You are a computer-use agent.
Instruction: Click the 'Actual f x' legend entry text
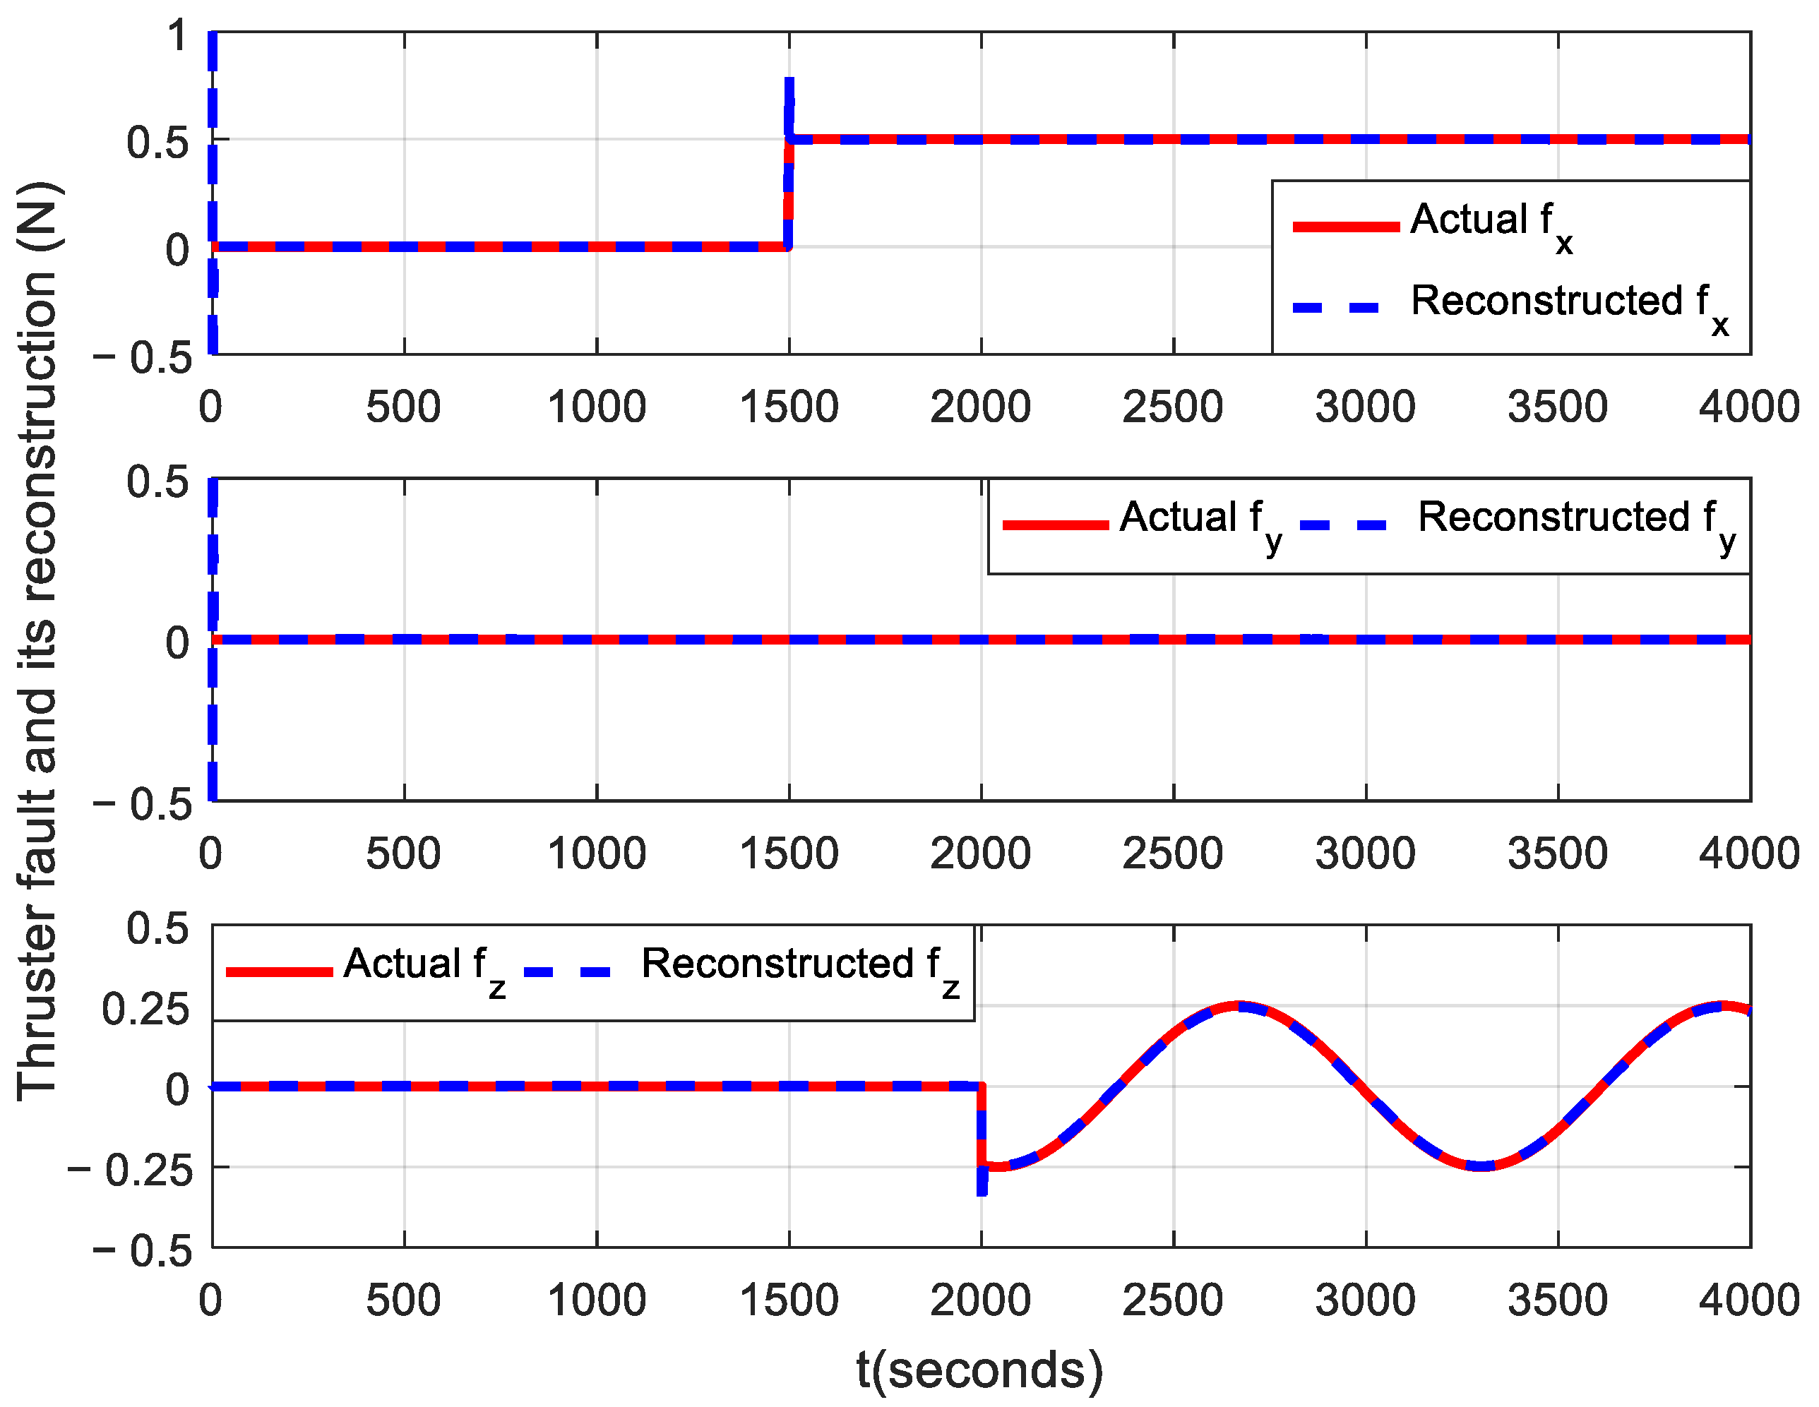tap(1490, 223)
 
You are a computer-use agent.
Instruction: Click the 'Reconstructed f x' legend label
tap(1568, 304)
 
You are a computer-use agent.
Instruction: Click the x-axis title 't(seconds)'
tap(979, 1370)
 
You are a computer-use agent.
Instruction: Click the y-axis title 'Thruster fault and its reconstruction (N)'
tap(37, 641)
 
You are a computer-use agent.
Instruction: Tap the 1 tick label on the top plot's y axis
tap(177, 37)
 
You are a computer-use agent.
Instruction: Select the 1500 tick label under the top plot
tap(789, 407)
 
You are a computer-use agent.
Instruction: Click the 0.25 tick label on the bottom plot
tap(145, 1009)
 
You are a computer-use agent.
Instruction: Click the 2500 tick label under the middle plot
tap(1172, 854)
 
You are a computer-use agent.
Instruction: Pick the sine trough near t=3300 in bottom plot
tap(1481, 1166)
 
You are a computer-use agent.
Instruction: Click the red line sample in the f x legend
tap(1345, 227)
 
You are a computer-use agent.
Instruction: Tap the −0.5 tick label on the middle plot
tap(143, 804)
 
